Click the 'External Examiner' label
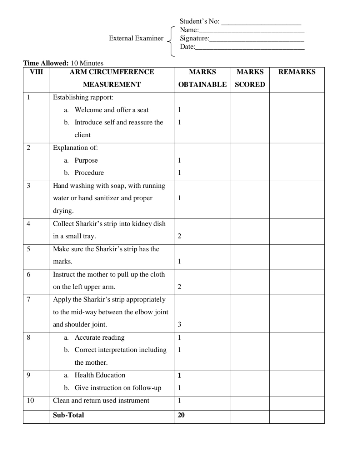coord(136,38)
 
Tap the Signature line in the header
coord(256,39)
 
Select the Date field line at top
coord(250,48)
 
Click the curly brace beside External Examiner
coord(171,41)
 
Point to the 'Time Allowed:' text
coord(46,63)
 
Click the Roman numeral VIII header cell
coord(36,72)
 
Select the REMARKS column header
coord(297,72)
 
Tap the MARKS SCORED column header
coord(250,78)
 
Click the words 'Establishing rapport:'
coord(83,97)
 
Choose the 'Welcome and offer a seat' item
coord(111,110)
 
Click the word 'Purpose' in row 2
coord(86,161)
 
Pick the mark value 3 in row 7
coord(179,325)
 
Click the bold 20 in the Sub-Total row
coord(181,415)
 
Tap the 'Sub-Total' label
coord(68,415)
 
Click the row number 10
coord(30,400)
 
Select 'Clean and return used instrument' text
coord(101,400)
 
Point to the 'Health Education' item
coord(100,375)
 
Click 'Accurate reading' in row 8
coord(99,338)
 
